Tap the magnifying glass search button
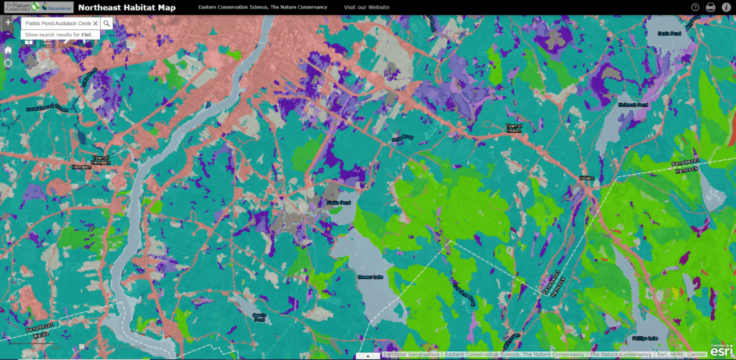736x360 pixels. [x=107, y=24]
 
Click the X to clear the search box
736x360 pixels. [x=96, y=24]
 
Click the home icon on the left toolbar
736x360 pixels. [x=8, y=50]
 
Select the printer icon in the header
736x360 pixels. [x=711, y=7]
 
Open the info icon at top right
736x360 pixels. [x=726, y=7]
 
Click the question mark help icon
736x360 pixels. [x=695, y=7]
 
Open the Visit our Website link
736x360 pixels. [x=367, y=7]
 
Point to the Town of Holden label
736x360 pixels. [x=512, y=129]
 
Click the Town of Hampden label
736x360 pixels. [x=100, y=160]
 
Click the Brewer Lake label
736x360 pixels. [x=370, y=275]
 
